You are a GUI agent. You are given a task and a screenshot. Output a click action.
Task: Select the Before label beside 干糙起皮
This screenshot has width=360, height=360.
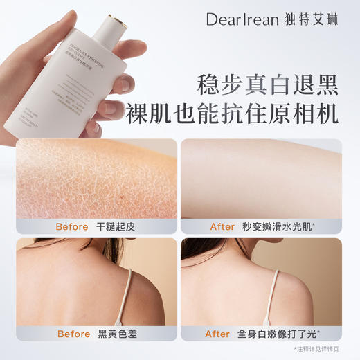(72, 226)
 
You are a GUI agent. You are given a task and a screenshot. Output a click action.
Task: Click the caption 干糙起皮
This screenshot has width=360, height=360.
(116, 226)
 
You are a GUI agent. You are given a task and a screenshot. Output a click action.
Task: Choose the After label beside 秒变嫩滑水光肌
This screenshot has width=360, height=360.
(222, 226)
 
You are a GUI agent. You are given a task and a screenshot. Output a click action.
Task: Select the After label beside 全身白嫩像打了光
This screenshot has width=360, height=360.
(217, 334)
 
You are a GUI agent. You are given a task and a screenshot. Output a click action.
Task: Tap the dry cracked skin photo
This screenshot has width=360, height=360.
(96, 178)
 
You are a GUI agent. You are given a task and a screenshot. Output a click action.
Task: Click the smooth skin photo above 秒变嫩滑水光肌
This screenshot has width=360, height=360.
(261, 178)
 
